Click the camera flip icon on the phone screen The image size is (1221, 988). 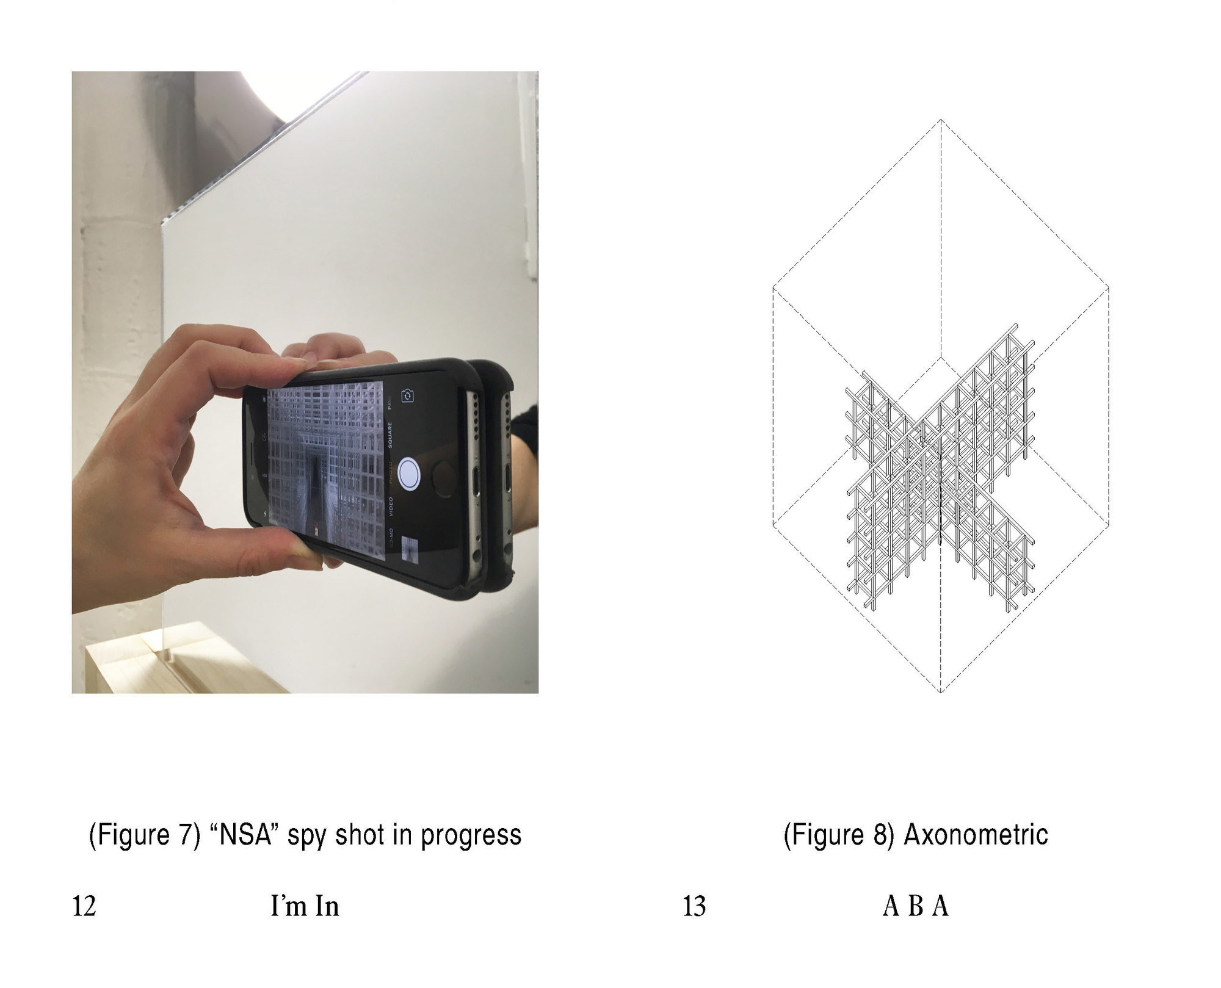tap(408, 396)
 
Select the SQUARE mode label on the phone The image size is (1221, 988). tap(389, 435)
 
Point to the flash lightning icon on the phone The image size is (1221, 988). tap(264, 514)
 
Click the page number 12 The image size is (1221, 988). tap(84, 906)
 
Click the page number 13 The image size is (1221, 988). tap(695, 906)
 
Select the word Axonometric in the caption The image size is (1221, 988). tap(976, 834)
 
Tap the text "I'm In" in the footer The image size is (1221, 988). tap(305, 906)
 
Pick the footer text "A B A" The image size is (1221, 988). tap(916, 906)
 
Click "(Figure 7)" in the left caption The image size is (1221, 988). tap(145, 835)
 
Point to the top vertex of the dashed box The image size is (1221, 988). tap(941, 120)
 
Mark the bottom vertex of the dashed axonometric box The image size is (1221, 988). tap(941, 693)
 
